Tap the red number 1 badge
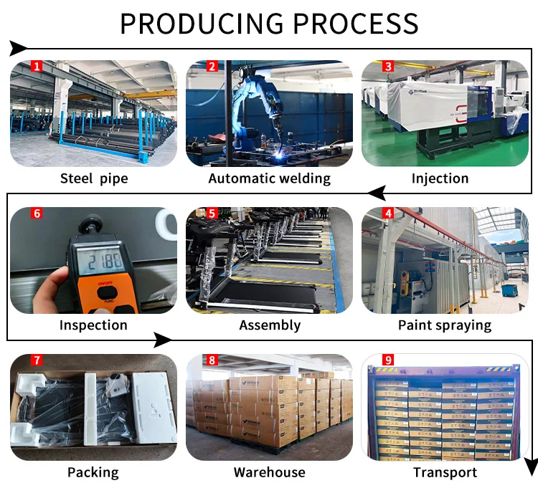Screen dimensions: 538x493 pos(37,67)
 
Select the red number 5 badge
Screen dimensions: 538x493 pos(212,214)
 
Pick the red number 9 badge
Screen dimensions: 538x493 pos(388,360)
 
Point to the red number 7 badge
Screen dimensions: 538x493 pos(37,360)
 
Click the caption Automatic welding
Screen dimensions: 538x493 pos(269,178)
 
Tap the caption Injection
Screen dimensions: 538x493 pos(440,178)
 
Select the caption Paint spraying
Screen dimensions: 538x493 pos(445,325)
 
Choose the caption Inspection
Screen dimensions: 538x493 pos(93,325)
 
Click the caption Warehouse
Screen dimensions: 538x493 pos(269,472)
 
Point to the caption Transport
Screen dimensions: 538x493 pos(445,472)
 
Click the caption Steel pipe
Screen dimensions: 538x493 pos(94,178)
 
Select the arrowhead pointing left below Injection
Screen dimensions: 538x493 pos(377,193)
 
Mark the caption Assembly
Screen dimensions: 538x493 pos(270,325)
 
